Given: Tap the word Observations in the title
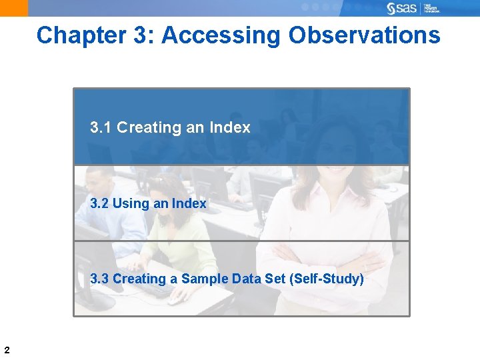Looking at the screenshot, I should pos(365,35).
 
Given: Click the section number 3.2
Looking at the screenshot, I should pos(100,203).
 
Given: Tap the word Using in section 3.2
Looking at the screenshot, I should pos(131,203).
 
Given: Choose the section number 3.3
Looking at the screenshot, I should pos(100,279).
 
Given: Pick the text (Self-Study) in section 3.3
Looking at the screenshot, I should pos(327,279).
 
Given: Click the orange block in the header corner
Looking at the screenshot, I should pos(14,8).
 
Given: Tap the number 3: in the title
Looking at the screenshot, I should pos(145,35).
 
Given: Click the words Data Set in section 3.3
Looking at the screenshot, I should pos(257,279).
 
